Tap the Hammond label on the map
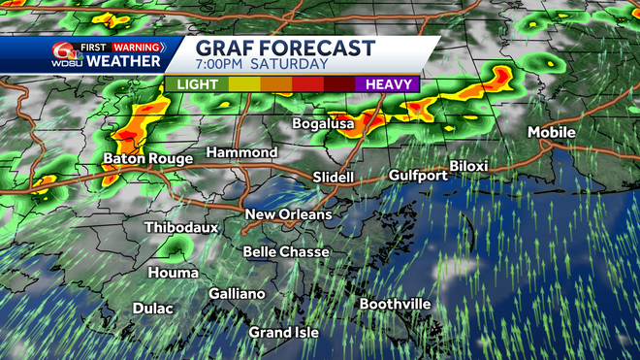[241, 152]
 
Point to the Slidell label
[334, 178]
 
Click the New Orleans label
[288, 214]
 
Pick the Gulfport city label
[418, 176]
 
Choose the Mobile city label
[551, 133]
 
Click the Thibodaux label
[181, 227]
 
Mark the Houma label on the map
[174, 273]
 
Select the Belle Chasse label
[285, 252]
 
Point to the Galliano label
[237, 293]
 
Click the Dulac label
[153, 309]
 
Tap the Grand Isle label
[283, 332]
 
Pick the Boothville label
[395, 304]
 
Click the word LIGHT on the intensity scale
[197, 84]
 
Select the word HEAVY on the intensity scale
[392, 84]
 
